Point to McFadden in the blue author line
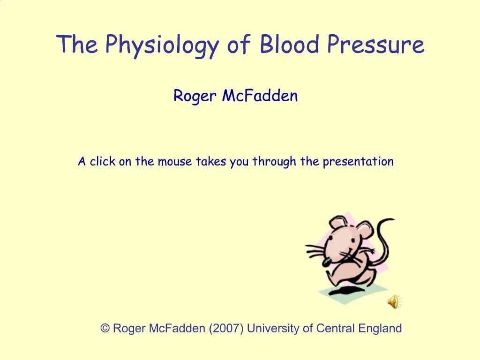point(260,96)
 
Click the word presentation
point(358,162)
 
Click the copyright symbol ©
point(105,329)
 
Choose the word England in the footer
point(380,329)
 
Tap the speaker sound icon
point(393,302)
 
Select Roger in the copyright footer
point(129,329)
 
